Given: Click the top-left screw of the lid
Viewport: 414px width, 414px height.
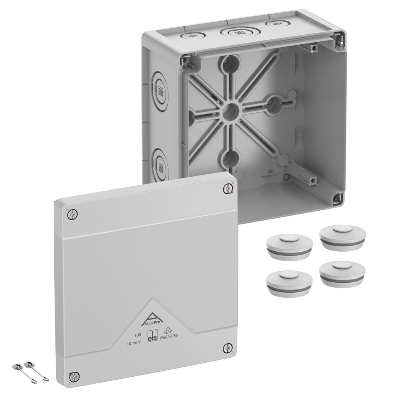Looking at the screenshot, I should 73,214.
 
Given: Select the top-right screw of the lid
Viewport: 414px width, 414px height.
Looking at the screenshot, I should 228,189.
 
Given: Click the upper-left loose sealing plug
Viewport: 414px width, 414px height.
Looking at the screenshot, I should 289,246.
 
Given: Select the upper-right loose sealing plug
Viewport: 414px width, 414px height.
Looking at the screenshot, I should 342,237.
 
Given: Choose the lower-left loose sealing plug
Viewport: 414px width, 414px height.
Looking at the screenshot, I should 289,282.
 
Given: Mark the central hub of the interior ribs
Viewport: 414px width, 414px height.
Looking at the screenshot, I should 231,111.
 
